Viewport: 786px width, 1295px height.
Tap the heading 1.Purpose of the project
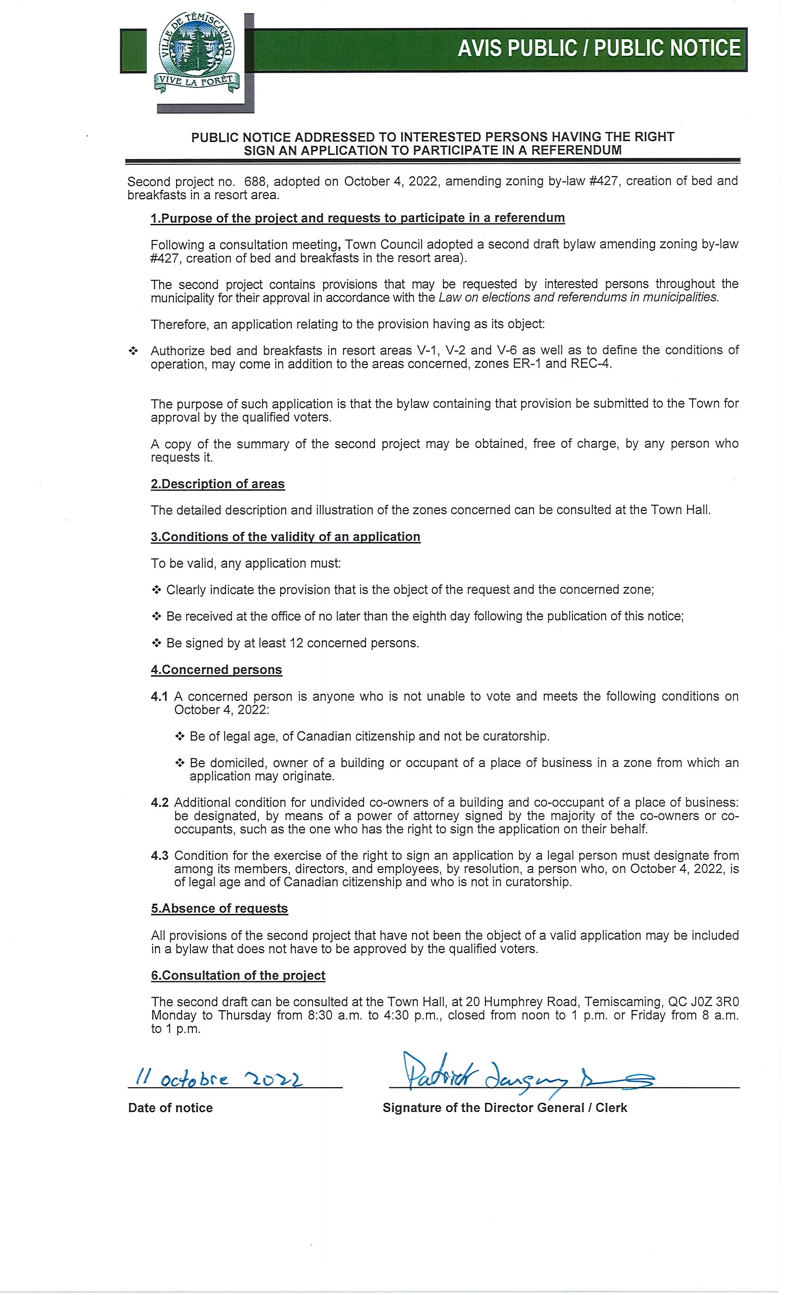(357, 218)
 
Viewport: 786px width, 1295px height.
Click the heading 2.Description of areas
(217, 484)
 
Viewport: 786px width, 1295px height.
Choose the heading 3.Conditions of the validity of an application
(285, 537)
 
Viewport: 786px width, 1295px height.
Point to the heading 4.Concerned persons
(216, 670)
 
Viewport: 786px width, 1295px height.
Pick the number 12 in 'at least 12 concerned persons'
(296, 643)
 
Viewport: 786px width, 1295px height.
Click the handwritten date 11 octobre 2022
(219, 1079)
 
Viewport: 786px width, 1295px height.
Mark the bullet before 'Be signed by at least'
(156, 643)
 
